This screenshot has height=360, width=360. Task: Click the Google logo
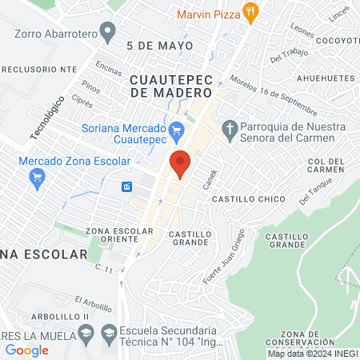coord(27,350)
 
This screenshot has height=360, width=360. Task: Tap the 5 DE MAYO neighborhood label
coord(160,46)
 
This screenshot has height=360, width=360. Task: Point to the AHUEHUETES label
coord(325,78)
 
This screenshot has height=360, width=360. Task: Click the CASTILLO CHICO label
coord(238,198)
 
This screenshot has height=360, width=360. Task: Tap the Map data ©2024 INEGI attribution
coord(311,353)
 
